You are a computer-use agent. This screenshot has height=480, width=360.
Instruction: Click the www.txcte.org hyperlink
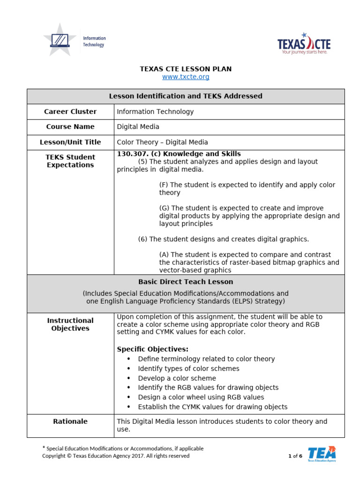click(186, 77)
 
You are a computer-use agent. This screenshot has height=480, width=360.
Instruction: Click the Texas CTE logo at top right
click(304, 44)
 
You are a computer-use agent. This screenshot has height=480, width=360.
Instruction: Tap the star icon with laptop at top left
click(60, 40)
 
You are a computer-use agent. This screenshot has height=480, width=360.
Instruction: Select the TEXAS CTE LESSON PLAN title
click(186, 69)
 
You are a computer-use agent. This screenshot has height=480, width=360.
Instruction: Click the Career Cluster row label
click(70, 112)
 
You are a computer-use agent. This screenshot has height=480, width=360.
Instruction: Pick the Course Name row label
click(70, 127)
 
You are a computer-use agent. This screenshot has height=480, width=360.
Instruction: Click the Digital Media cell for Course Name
click(138, 127)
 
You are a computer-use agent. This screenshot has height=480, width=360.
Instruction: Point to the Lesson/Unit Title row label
click(70, 142)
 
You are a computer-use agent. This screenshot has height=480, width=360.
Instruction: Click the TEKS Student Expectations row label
click(70, 161)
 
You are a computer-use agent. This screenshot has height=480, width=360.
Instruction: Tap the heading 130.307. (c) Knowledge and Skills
click(179, 154)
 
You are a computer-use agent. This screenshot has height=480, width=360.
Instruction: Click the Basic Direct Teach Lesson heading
click(186, 282)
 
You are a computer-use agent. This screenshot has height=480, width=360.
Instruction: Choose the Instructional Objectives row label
click(70, 324)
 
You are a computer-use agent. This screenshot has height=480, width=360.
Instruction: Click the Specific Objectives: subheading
click(152, 349)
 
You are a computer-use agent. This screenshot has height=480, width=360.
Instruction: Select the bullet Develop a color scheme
click(177, 378)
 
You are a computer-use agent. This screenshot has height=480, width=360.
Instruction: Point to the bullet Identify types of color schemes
click(188, 368)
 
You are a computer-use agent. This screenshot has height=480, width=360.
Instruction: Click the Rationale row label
click(70, 421)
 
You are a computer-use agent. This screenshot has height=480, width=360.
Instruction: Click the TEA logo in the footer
click(322, 454)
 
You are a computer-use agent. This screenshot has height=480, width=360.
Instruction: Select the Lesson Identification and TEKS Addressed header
click(186, 96)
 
